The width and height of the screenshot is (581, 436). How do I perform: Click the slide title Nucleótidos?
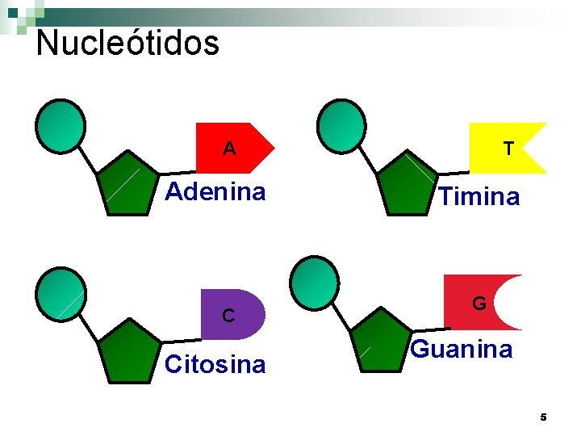pos(127,43)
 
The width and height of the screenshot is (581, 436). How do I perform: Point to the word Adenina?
pos(215,192)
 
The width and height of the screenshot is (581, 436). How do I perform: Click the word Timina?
pos(480,197)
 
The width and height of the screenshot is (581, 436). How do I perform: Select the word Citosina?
pos(215,365)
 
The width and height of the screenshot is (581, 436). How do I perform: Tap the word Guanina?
pos(462,350)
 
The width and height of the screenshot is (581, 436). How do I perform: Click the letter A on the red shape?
pos(230,149)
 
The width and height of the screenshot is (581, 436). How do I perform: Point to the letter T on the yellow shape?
pos(508,149)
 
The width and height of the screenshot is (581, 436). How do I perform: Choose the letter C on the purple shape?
pos(229,315)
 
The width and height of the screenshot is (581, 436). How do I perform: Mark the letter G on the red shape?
pos(479,304)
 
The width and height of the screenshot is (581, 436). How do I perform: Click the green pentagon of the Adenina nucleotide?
pos(127,186)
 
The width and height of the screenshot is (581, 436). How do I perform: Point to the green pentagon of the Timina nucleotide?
pos(407,184)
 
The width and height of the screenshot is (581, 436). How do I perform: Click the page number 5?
pos(543,417)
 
